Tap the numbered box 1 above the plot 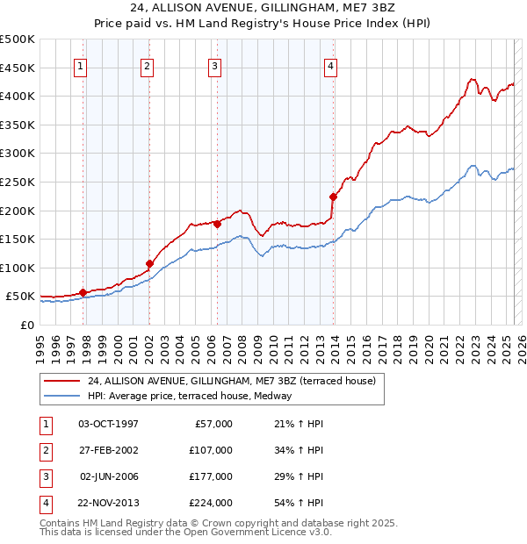(81, 66)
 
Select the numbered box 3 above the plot (214, 66)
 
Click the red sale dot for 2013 (333, 197)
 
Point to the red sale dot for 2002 (149, 263)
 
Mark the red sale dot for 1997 (83, 292)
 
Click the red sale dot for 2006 (216, 223)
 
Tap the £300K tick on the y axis (18, 154)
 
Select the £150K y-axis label (18, 239)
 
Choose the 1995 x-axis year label (40, 346)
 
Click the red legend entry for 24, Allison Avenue (232, 381)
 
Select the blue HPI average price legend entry (189, 396)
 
